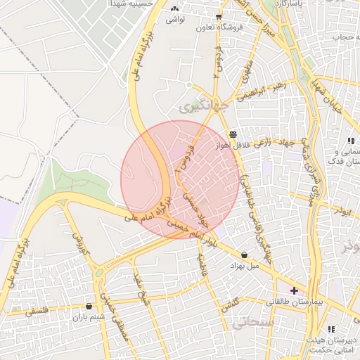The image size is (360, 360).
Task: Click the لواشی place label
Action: [174, 20]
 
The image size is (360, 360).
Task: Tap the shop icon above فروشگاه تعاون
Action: [219, 16]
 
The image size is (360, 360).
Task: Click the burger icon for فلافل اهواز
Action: [233, 134]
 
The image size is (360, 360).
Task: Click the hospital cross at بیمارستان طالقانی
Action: [294, 290]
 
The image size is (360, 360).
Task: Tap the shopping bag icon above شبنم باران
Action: [89, 306]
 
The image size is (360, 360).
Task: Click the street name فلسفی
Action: [39, 311]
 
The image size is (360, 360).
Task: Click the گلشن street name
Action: [230, 304]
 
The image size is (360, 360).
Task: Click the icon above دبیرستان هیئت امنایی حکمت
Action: [331, 329]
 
